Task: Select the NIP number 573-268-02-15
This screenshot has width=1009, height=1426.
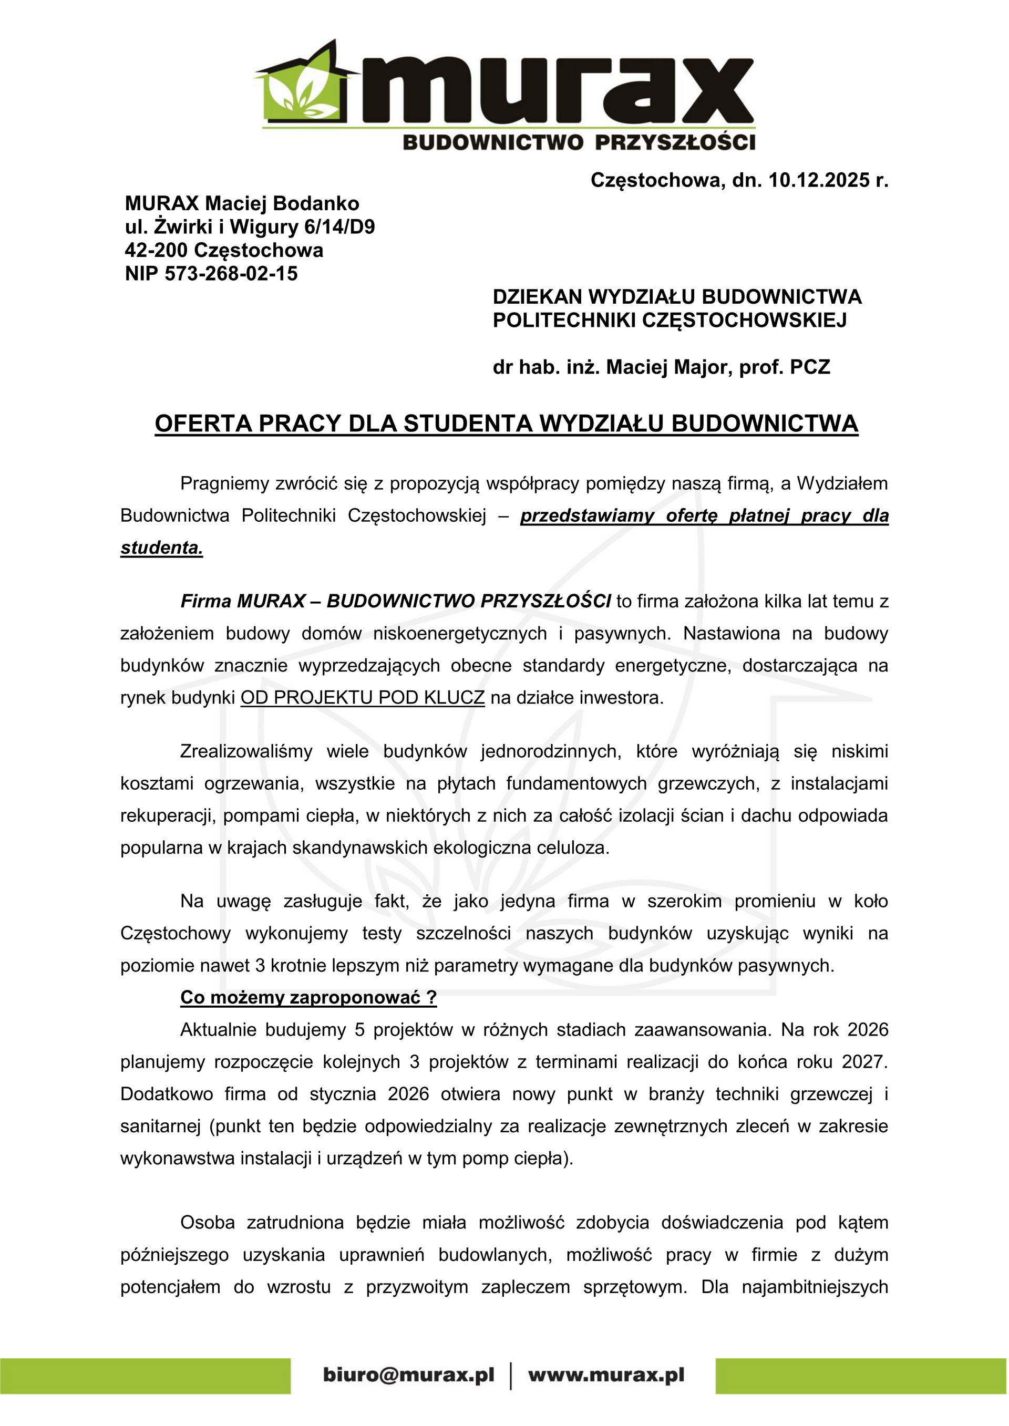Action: tap(231, 274)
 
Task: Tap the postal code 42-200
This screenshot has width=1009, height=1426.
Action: tap(156, 250)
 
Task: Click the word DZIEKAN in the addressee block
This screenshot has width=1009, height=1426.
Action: tap(536, 297)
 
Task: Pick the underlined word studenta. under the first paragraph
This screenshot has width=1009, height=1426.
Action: tap(161, 548)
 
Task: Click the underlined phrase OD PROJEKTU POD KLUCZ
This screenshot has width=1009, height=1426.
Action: tap(362, 697)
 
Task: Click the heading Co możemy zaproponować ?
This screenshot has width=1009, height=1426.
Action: tap(308, 997)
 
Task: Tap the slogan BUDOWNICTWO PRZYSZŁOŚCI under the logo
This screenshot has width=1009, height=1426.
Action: tap(579, 142)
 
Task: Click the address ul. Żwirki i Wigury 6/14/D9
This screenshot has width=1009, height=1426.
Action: tap(250, 226)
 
